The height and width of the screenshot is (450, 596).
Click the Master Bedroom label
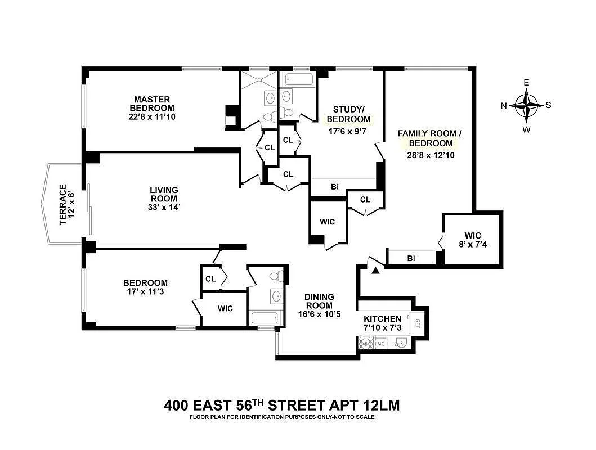tap(152, 104)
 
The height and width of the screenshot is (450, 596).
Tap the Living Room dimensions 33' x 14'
tap(164, 207)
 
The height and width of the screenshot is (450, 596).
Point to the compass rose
tap(527, 105)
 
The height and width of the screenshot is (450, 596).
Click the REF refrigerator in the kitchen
tap(417, 323)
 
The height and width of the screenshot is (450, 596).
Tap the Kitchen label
tap(382, 319)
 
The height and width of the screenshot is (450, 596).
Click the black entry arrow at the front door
tap(375, 271)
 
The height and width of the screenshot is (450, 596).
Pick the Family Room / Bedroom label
tap(429, 138)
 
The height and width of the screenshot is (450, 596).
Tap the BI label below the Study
tap(335, 187)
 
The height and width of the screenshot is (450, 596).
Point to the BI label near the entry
tap(411, 258)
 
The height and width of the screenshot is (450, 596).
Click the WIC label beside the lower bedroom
tap(225, 308)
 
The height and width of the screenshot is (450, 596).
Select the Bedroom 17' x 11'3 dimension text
tap(145, 292)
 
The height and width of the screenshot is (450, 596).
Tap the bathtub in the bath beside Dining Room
tap(262, 318)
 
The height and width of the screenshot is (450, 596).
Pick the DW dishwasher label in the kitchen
tap(381, 343)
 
